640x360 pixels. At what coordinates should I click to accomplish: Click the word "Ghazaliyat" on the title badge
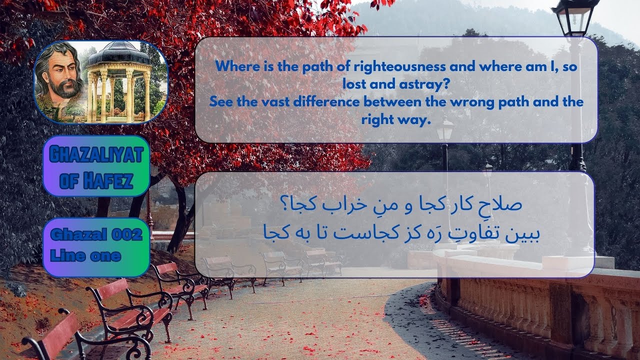pos(96,155)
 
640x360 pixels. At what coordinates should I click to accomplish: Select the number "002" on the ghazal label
pos(123,234)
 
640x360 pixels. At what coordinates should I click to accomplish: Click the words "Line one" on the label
pos(85,256)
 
